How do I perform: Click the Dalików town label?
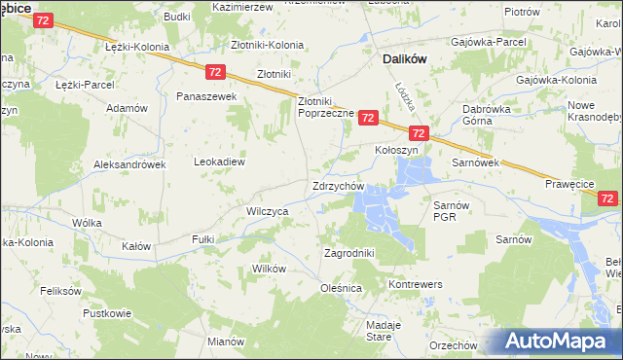pos(401,58)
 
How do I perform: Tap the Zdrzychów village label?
pos(338,186)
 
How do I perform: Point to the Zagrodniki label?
pos(348,253)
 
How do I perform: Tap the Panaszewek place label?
pos(206,97)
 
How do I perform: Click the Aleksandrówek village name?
pos(129,164)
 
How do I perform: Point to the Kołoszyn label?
pos(396,152)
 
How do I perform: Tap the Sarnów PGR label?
pos(452,211)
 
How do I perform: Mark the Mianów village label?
pos(226,342)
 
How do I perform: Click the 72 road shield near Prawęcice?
pos(608,198)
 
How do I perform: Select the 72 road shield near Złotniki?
pos(216,72)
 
